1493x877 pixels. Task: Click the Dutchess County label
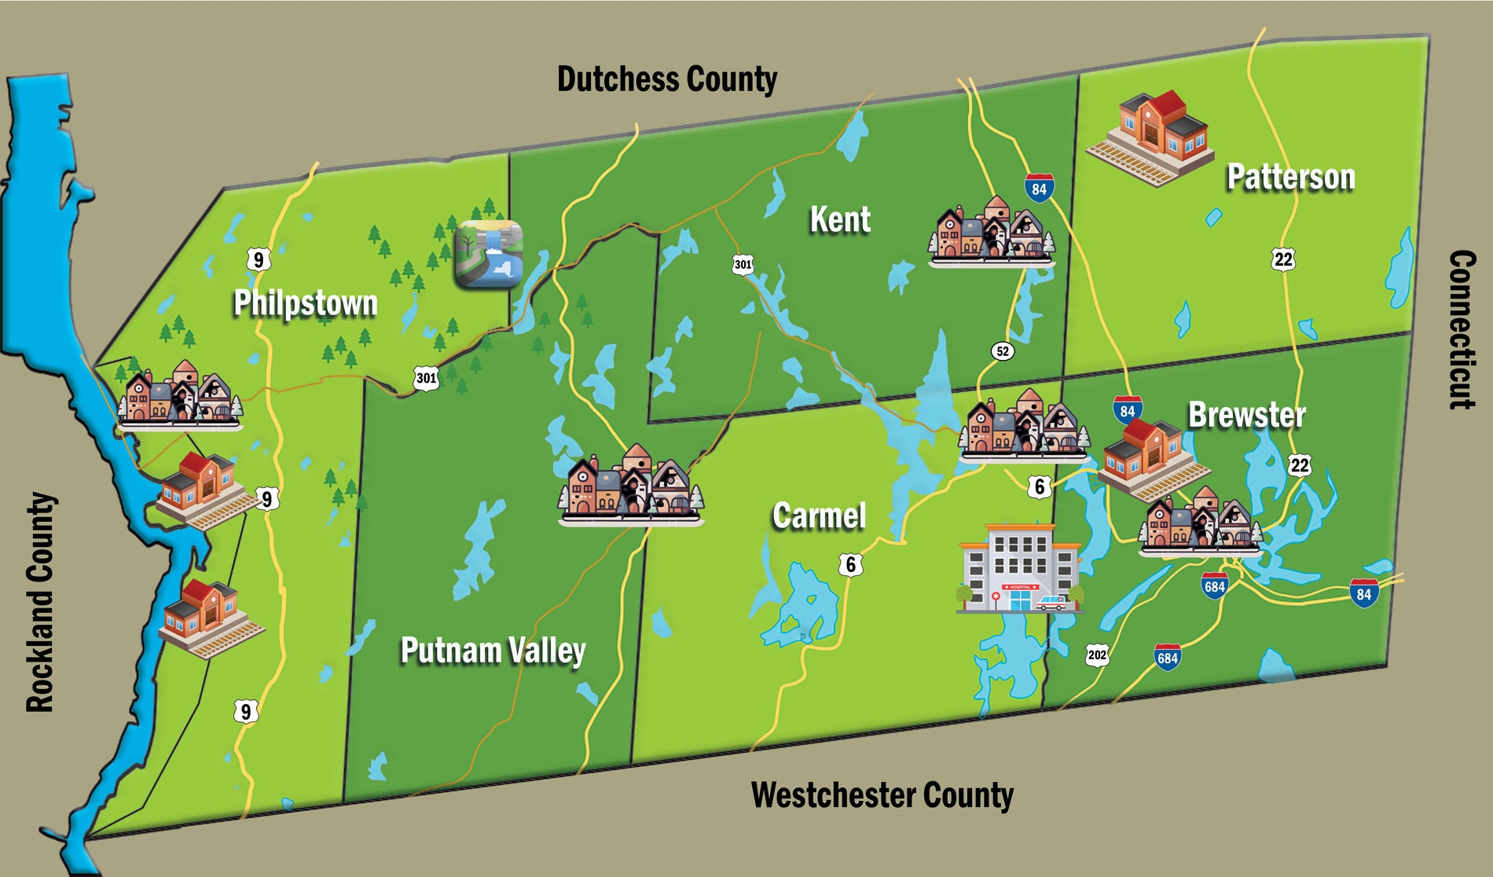[x=667, y=79]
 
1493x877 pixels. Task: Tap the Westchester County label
[x=882, y=794]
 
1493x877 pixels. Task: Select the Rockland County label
[x=41, y=603]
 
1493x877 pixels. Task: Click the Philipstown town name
[x=306, y=303]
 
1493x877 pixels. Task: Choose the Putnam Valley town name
[x=493, y=650]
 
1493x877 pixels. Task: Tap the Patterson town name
[x=1290, y=177]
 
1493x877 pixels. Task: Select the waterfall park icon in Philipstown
[x=489, y=254]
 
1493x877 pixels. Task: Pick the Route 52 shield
[x=1002, y=351]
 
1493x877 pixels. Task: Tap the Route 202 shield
[x=1097, y=655]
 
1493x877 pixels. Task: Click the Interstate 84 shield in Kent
[x=1039, y=189]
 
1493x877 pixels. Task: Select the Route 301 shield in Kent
[x=743, y=264]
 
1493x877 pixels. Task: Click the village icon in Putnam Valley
[x=630, y=486]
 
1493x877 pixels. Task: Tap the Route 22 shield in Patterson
[x=1282, y=259]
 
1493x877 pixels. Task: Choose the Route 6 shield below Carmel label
[x=850, y=564]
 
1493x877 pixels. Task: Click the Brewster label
[x=1246, y=415]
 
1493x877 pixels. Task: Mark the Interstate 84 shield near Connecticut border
[x=1363, y=593]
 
